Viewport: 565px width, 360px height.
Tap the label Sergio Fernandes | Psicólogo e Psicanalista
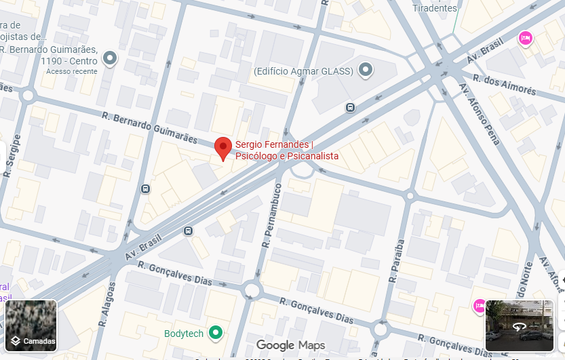[286, 151]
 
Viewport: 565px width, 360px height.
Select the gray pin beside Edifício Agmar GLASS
[366, 69]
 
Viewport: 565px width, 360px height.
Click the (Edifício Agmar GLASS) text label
[303, 71]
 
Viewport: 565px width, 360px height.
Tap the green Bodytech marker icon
[216, 332]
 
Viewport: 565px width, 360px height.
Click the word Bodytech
[183, 334]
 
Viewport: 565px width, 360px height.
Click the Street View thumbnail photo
[519, 325]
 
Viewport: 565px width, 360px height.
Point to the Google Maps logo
[290, 345]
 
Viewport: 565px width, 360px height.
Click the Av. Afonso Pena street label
[479, 114]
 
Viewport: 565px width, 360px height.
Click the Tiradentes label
[435, 8]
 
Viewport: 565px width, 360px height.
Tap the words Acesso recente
[72, 71]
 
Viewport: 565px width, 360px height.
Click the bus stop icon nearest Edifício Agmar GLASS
[350, 107]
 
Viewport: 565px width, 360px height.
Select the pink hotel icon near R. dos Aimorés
[524, 39]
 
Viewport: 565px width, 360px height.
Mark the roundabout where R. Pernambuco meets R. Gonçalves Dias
[252, 291]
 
